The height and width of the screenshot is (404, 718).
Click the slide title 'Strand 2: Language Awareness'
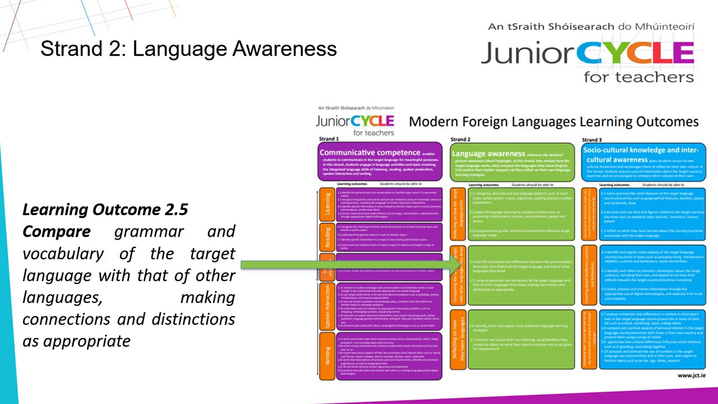pyautogui.click(x=188, y=49)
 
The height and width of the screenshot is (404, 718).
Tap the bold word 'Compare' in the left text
pyautogui.click(x=56, y=231)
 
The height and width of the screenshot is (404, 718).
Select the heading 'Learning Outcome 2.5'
pyautogui.click(x=105, y=209)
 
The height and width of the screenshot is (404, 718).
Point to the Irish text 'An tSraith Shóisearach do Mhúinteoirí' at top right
pyautogui.click(x=591, y=26)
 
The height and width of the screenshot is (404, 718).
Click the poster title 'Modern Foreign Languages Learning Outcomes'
pyautogui.click(x=554, y=121)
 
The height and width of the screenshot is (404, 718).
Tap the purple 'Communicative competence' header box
pyautogui.click(x=380, y=161)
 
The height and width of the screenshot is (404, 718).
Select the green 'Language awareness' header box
pyautogui.click(x=512, y=162)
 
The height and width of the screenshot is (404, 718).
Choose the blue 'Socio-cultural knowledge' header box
pyautogui.click(x=643, y=161)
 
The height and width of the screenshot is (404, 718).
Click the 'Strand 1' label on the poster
pyautogui.click(x=329, y=139)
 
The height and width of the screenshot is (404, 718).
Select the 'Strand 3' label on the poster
pyautogui.click(x=591, y=140)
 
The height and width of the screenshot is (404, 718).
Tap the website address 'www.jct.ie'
pyautogui.click(x=691, y=375)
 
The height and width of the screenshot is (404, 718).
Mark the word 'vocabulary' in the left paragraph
pyautogui.click(x=63, y=253)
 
